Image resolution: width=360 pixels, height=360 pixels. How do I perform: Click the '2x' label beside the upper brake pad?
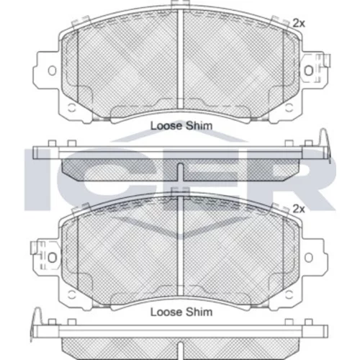pos(299,24)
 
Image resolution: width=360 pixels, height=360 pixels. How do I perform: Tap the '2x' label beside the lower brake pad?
pos(299,210)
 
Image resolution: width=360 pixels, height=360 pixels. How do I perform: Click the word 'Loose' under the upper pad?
pos(166,126)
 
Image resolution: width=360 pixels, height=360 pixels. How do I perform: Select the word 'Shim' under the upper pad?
pos(199,126)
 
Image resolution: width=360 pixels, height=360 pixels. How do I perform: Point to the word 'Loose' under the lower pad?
pos(166,312)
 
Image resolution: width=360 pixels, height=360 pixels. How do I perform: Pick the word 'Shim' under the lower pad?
pos(199,312)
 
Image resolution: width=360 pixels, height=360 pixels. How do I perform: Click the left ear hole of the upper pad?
pos(52,71)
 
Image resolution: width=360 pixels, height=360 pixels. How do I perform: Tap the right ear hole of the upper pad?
pos(309,71)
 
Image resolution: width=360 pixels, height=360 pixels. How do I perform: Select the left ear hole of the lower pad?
pos(52,258)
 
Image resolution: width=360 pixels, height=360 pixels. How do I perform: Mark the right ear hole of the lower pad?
pos(309,258)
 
